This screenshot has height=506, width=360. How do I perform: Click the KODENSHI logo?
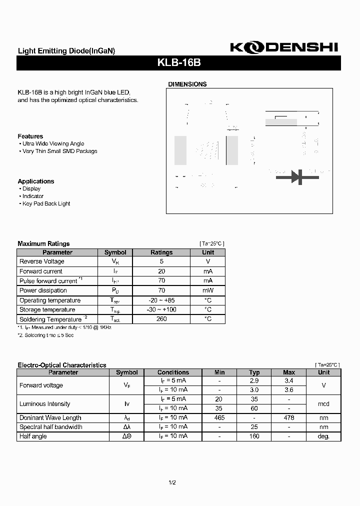[284, 47]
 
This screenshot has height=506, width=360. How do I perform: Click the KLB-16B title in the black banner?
[179, 63]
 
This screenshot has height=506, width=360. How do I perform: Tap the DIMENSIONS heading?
[187, 84]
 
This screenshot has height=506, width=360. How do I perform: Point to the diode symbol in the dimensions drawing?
[298, 176]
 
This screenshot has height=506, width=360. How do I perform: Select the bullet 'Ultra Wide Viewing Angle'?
[53, 144]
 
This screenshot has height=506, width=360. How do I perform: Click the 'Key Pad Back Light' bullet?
[46, 204]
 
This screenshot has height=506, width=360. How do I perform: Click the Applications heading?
[36, 181]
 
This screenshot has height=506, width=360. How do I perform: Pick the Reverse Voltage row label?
[42, 261]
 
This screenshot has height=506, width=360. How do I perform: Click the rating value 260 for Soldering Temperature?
[161, 319]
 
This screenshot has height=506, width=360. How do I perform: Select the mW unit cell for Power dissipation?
[208, 290]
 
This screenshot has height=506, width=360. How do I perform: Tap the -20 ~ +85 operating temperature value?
[161, 300]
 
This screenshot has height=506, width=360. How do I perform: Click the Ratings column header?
[161, 252]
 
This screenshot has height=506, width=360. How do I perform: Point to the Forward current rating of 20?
[161, 271]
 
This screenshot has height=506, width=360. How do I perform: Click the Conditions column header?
[173, 372]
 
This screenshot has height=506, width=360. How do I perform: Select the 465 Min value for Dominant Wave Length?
[219, 417]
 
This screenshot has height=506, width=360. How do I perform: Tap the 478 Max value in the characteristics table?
[288, 417]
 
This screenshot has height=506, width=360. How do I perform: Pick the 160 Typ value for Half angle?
[254, 436]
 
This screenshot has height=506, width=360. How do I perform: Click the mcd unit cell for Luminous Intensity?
[323, 404]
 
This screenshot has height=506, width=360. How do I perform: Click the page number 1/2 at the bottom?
[172, 482]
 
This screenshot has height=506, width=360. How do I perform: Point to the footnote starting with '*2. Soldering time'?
[46, 335]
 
